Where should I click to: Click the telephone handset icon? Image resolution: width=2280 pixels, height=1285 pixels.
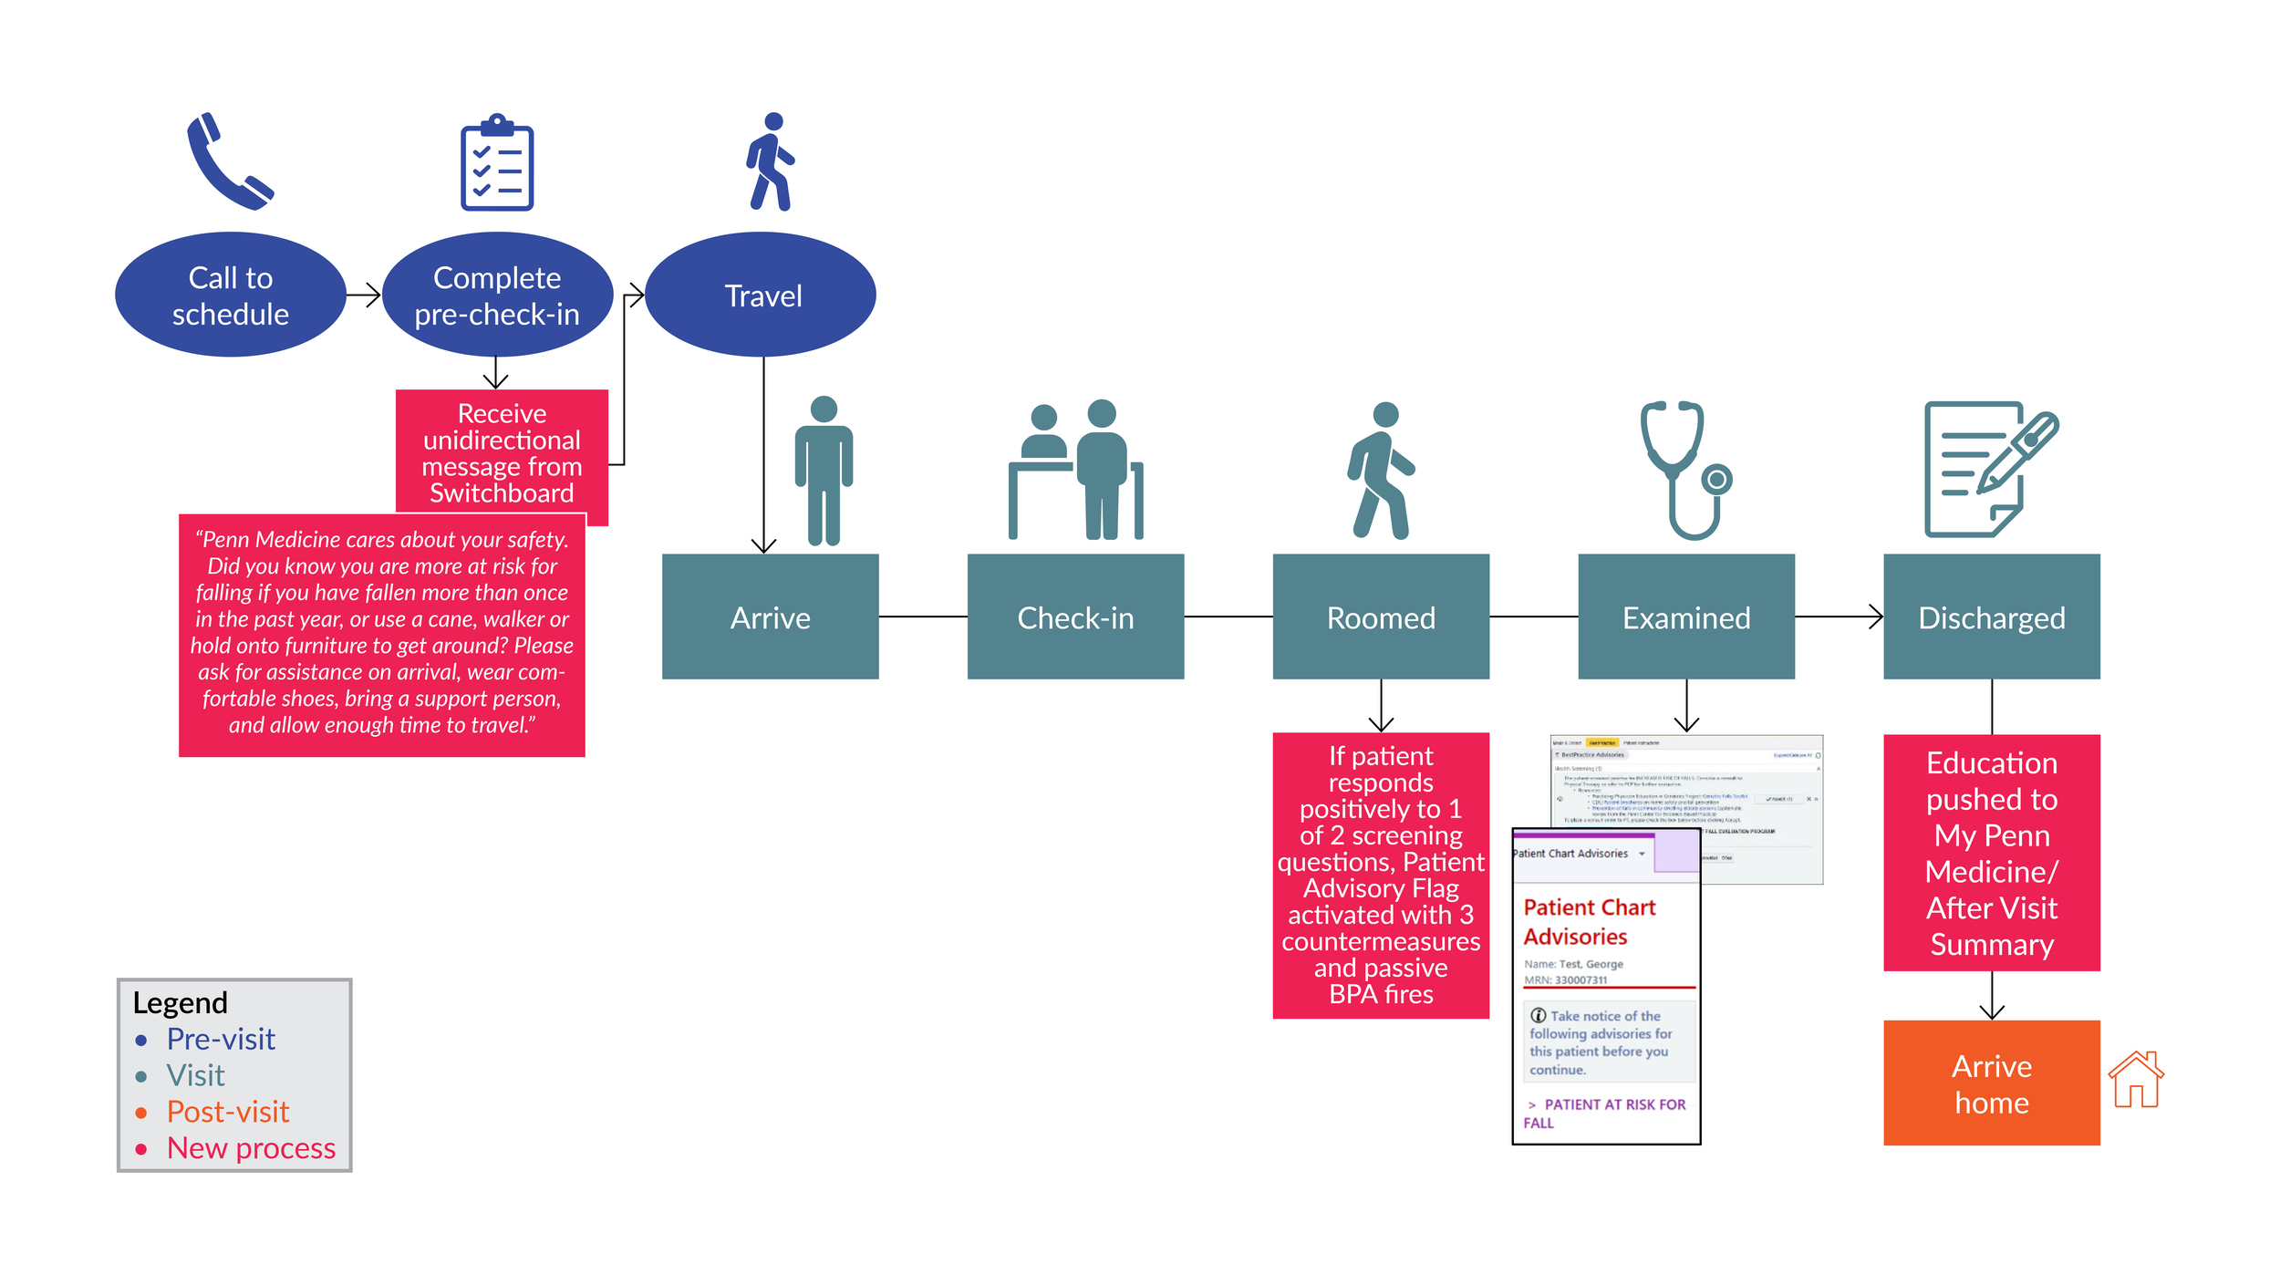[x=228, y=161]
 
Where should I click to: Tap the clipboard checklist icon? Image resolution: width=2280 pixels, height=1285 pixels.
[x=496, y=163]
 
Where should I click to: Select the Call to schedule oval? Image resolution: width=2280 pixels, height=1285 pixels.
[x=231, y=295]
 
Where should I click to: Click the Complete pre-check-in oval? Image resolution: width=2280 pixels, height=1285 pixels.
[x=497, y=295]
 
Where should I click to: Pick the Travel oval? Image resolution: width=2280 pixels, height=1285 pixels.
[x=762, y=295]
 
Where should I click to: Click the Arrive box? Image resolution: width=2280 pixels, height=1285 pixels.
[x=770, y=617]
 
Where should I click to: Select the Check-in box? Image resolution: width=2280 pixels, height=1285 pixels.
[x=1075, y=617]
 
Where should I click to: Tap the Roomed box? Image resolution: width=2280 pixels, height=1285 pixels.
[x=1381, y=617]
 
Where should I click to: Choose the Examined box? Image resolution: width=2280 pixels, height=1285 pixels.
[x=1686, y=617]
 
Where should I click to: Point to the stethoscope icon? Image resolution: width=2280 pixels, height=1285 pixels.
[x=1684, y=470]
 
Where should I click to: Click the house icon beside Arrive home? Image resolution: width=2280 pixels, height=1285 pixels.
[x=2136, y=1080]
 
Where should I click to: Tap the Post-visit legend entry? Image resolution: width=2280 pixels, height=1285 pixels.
[x=227, y=1112]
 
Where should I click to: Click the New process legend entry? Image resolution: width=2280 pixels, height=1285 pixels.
[x=251, y=1148]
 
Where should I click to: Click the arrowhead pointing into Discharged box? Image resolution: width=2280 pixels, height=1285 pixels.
[x=1877, y=617]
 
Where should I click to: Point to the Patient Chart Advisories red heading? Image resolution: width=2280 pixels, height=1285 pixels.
[x=1589, y=922]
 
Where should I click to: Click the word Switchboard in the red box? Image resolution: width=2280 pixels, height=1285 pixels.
[x=502, y=493]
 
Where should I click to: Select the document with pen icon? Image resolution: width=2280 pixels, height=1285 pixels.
[x=1988, y=470]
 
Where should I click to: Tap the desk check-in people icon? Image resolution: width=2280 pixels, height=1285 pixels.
[x=1075, y=470]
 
